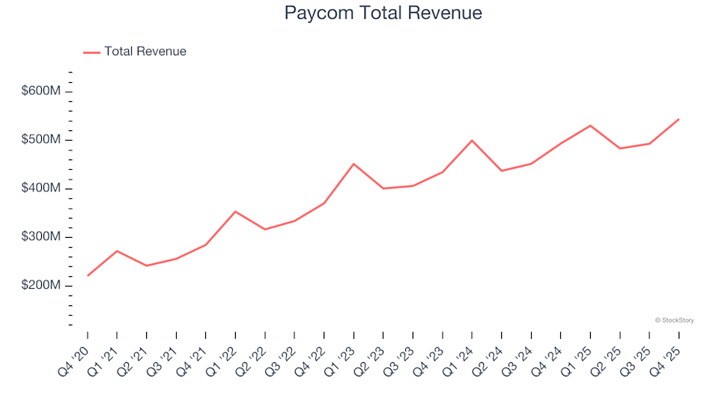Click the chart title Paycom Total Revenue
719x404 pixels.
(383, 13)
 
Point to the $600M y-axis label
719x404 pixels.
(41, 91)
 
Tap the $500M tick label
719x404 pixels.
(41, 140)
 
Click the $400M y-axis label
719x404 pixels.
(41, 189)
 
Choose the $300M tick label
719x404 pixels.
(41, 237)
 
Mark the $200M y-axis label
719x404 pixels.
(41, 286)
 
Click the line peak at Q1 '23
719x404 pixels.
(354, 164)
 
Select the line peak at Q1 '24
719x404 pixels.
(472, 140)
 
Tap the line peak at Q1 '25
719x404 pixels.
(590, 126)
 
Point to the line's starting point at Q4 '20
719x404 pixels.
(88, 275)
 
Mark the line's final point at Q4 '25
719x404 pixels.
(679, 119)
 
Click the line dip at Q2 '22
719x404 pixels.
(265, 229)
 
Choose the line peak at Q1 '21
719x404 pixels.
(117, 251)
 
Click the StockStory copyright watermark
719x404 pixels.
(674, 320)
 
